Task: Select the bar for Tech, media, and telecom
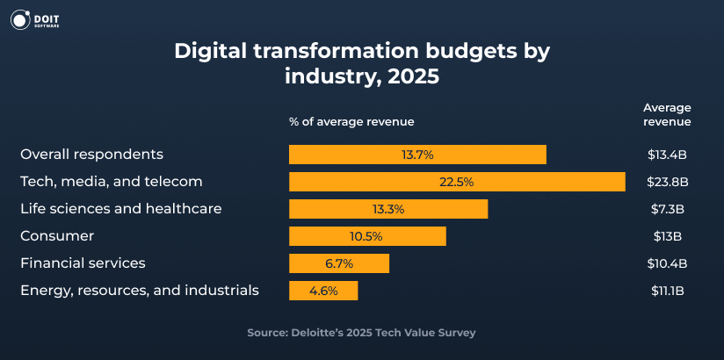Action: [x=457, y=182]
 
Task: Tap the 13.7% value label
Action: [x=417, y=155]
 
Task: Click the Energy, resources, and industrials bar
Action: [x=323, y=291]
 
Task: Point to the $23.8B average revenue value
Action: [x=667, y=182]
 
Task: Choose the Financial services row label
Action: [x=83, y=263]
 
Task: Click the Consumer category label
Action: [x=57, y=236]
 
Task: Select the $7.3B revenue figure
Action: [x=667, y=209]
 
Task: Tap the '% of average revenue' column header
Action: [x=351, y=121]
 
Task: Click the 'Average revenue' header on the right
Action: [x=667, y=114]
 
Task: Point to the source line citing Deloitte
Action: [x=361, y=333]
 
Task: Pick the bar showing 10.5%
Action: [x=367, y=236]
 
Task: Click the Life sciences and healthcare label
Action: [x=120, y=209]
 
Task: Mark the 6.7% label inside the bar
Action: [x=338, y=263]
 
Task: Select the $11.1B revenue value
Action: [x=667, y=291]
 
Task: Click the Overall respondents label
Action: [x=91, y=155]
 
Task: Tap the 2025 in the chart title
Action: [x=409, y=76]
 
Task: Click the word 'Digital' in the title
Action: [x=208, y=50]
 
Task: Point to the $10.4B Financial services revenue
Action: [x=667, y=263]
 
